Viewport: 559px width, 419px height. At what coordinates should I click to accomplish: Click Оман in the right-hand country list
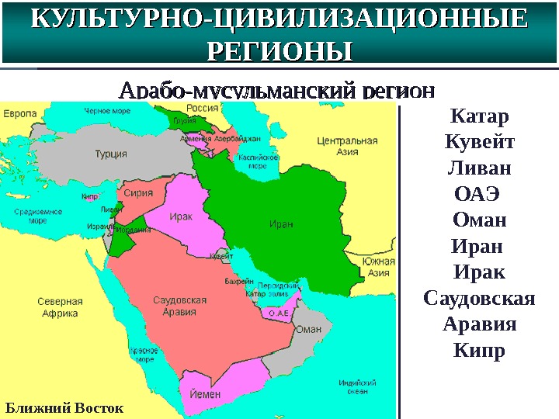479,220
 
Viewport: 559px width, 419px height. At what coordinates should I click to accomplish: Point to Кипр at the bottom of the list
479,350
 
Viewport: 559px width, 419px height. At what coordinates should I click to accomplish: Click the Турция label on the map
111,154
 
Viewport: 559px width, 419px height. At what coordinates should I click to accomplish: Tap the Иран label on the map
282,224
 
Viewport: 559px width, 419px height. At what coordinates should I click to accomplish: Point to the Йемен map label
207,394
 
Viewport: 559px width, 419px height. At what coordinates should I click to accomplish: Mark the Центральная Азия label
347,146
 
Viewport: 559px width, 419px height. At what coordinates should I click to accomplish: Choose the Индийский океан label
357,387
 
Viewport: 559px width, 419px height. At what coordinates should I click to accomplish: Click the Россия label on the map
203,108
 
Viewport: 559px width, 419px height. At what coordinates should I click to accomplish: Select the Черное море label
108,111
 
